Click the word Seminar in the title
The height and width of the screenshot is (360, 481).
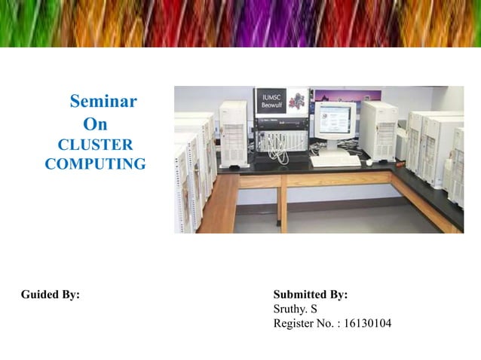pos(103,101)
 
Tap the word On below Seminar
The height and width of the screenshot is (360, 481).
pos(95,124)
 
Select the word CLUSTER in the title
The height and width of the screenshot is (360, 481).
pos(95,144)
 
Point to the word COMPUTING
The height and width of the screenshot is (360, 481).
pos(95,163)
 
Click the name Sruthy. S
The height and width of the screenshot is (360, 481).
pos(295,310)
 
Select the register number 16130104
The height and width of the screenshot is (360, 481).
pos(367,324)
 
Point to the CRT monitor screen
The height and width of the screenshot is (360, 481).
pos(334,123)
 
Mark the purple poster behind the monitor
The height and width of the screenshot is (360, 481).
pos(337,96)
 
